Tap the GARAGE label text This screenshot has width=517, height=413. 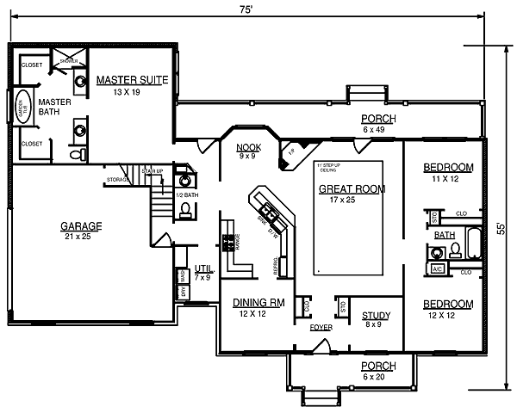pyautogui.click(x=81, y=226)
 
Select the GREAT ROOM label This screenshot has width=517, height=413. pyautogui.click(x=352, y=188)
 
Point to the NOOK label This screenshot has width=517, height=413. pyautogui.click(x=248, y=147)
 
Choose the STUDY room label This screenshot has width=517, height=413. pyautogui.click(x=376, y=315)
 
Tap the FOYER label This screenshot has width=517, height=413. pyautogui.click(x=321, y=328)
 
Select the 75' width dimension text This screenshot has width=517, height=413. pyautogui.click(x=246, y=9)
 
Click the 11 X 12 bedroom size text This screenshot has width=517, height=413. pyautogui.click(x=449, y=178)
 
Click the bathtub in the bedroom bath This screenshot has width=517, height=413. pyautogui.click(x=474, y=244)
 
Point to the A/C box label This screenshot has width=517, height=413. pyautogui.click(x=436, y=269)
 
